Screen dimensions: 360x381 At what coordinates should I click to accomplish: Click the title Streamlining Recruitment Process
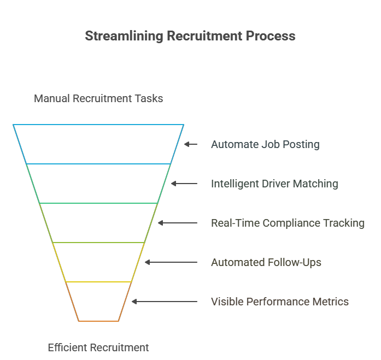click(x=190, y=36)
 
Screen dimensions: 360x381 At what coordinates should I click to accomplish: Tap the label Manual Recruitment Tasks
click(x=98, y=99)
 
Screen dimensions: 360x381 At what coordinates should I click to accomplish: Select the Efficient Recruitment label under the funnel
click(x=98, y=347)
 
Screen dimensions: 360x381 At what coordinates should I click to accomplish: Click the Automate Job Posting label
click(x=265, y=145)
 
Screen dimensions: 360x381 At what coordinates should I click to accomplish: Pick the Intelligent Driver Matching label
click(x=274, y=184)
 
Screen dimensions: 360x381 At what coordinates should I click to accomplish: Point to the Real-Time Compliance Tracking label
click(x=288, y=223)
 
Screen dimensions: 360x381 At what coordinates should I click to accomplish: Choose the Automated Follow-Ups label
click(x=266, y=263)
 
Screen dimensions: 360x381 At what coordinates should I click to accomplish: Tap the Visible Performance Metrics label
click(x=280, y=302)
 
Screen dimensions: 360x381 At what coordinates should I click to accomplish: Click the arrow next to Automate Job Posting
click(x=191, y=144)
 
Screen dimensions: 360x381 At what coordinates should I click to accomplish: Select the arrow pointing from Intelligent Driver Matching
click(x=184, y=184)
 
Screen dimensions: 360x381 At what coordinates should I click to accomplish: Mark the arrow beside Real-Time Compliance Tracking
click(x=178, y=223)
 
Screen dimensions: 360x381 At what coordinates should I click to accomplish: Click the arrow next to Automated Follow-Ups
click(x=171, y=262)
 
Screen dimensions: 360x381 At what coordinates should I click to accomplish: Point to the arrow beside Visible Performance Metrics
click(x=165, y=302)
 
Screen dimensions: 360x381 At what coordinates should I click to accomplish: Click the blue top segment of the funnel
click(x=98, y=144)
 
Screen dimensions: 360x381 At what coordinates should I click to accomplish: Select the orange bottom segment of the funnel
click(x=98, y=302)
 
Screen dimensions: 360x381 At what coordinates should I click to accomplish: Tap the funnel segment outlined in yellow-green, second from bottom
click(x=98, y=262)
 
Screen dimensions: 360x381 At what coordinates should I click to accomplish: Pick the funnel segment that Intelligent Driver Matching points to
click(x=98, y=184)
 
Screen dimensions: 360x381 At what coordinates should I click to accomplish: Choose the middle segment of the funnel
click(x=98, y=223)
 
